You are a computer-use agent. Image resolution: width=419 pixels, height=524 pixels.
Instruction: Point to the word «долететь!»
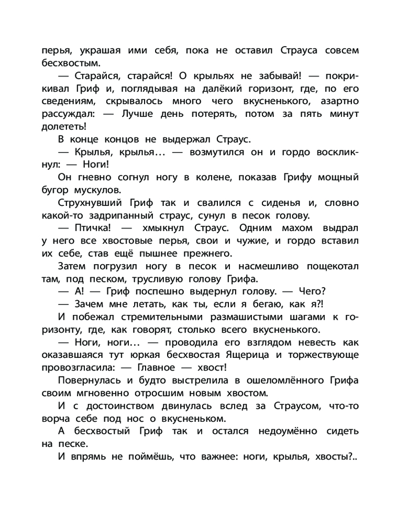(63, 126)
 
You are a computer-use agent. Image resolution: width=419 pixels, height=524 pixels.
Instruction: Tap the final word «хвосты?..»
(336, 456)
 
